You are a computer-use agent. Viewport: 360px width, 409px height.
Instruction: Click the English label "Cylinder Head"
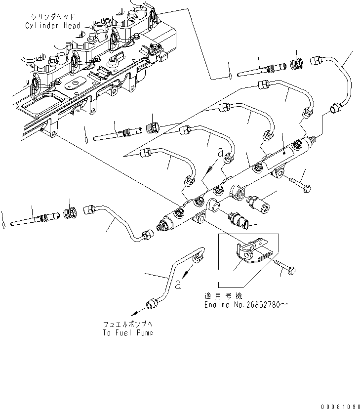coord(51,26)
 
